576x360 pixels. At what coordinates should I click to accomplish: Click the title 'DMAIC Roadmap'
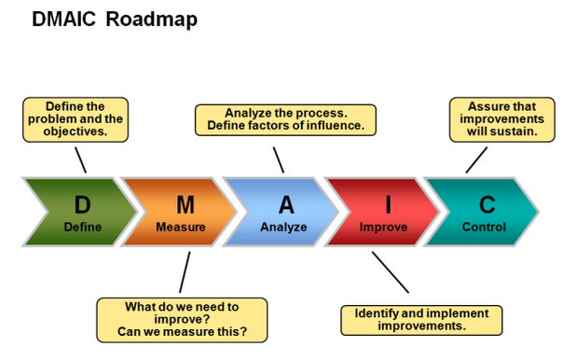[114, 20]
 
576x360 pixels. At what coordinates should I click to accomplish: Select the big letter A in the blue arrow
[285, 204]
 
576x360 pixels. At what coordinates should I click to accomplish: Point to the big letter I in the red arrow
[389, 204]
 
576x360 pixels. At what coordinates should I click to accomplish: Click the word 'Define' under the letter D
[83, 227]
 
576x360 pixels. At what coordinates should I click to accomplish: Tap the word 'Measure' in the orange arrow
[181, 227]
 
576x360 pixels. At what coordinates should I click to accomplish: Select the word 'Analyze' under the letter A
[283, 227]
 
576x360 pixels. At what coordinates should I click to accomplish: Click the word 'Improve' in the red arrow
[383, 227]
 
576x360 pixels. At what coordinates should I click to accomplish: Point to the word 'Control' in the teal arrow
[484, 227]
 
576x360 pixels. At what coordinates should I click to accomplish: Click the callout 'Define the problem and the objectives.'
[75, 119]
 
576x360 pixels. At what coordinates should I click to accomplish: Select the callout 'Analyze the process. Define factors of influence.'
[286, 118]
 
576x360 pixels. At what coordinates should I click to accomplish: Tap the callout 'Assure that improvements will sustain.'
[501, 119]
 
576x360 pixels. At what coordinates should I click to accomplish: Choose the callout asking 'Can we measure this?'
[182, 319]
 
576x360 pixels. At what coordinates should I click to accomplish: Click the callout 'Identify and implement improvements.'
[421, 319]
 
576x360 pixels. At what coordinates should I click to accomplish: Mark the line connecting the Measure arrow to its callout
[184, 272]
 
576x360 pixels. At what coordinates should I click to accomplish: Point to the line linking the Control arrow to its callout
[475, 159]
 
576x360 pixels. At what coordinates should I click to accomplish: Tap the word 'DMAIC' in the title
[64, 20]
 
